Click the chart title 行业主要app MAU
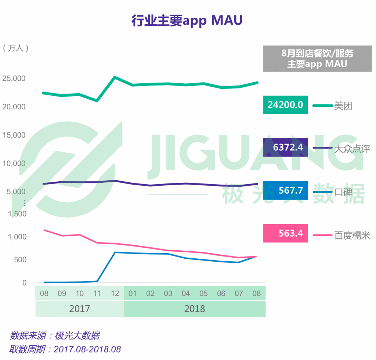tap(187, 21)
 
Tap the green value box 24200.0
tap(285, 105)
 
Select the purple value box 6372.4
tap(285, 148)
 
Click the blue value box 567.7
tap(285, 190)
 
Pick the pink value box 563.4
tap(285, 233)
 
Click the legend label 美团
tap(343, 106)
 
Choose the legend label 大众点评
tap(352, 149)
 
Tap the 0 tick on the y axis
tap(24, 283)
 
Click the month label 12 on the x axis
tap(115, 294)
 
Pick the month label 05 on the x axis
tap(203, 294)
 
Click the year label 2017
tap(79, 308)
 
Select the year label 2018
tap(195, 308)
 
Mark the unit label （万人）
tap(15, 48)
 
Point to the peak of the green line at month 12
tap(115, 77)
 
